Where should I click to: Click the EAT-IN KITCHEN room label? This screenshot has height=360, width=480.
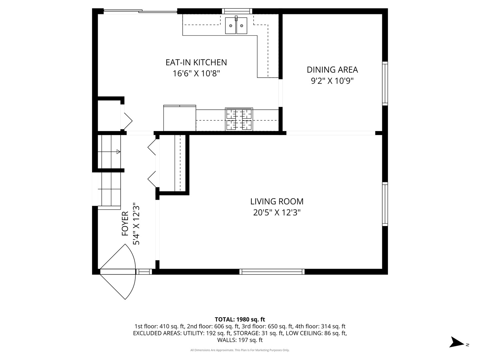[196, 62]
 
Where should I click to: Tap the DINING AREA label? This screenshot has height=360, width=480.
[332, 70]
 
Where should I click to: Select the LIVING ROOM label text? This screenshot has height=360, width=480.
[277, 201]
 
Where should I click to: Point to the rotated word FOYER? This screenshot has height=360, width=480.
[125, 224]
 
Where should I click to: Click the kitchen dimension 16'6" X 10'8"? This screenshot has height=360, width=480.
[196, 73]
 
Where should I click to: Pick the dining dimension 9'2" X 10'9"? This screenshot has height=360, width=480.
[332, 81]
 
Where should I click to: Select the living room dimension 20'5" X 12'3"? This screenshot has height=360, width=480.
[277, 212]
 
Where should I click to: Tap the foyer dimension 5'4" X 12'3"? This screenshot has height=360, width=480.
[136, 224]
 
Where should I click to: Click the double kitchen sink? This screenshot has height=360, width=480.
[236, 26]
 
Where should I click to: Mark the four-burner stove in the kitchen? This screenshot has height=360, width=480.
[239, 119]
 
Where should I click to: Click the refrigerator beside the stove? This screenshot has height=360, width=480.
[179, 118]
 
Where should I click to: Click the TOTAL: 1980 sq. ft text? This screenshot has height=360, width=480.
[240, 319]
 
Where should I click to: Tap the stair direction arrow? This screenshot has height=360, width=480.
[118, 152]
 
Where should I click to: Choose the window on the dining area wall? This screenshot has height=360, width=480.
[385, 83]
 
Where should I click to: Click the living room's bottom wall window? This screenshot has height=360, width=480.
[272, 272]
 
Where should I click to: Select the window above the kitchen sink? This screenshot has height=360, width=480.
[237, 11]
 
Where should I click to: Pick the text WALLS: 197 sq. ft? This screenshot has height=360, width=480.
[240, 340]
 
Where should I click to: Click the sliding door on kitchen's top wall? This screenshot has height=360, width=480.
[140, 12]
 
